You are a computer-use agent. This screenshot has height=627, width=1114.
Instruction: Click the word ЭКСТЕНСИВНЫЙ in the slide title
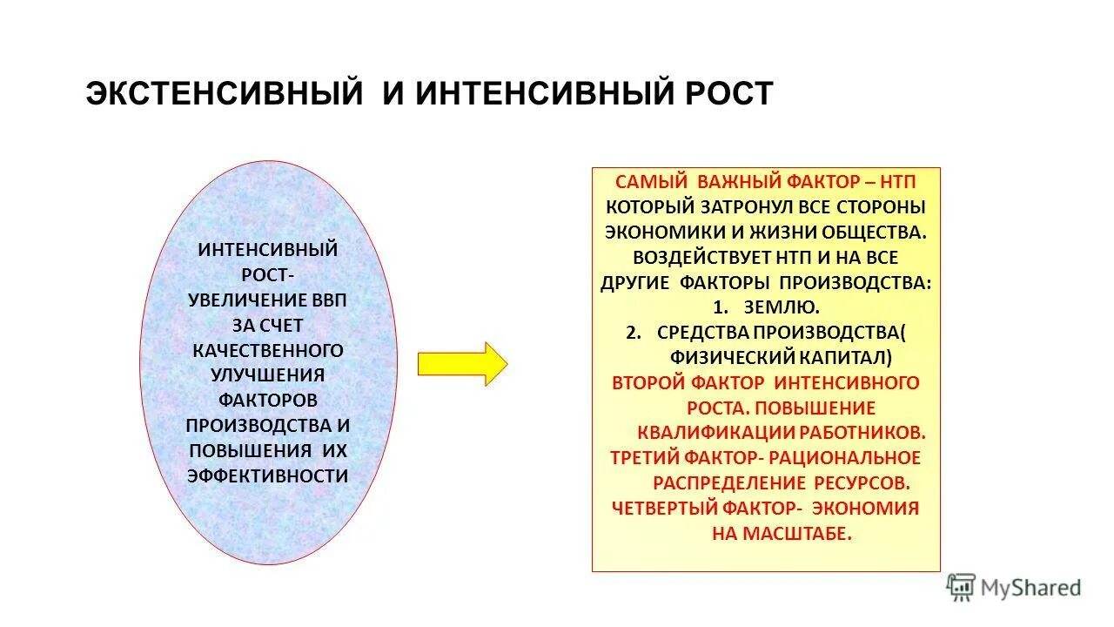point(224,94)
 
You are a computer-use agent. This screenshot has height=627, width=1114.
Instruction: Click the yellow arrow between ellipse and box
point(461,364)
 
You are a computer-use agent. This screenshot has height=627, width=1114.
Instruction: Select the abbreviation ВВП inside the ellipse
point(328,300)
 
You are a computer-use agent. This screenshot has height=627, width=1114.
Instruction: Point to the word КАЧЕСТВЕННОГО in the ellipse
point(268,350)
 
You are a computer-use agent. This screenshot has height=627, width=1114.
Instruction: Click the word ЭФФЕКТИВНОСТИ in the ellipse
point(268,475)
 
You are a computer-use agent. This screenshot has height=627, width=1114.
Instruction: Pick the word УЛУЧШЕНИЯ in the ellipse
point(268,375)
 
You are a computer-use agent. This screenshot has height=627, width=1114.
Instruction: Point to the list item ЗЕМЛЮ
point(781,307)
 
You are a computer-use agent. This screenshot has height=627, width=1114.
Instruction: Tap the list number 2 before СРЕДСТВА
point(634,332)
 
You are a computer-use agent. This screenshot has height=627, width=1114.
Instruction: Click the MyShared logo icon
point(961,588)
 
